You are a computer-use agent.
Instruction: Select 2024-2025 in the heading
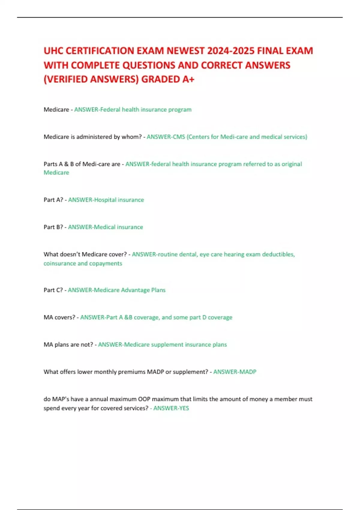(230, 51)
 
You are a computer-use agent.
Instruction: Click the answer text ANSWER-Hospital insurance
(106, 200)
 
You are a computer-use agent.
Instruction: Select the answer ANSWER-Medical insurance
(105, 227)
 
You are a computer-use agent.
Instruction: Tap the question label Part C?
(53, 290)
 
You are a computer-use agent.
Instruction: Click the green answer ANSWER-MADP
(235, 372)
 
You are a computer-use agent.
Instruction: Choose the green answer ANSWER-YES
(171, 408)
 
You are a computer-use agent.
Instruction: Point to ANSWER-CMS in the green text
(166, 137)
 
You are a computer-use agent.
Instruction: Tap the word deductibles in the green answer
(278, 254)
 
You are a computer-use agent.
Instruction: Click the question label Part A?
(53, 200)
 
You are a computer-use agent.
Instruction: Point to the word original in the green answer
(292, 164)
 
